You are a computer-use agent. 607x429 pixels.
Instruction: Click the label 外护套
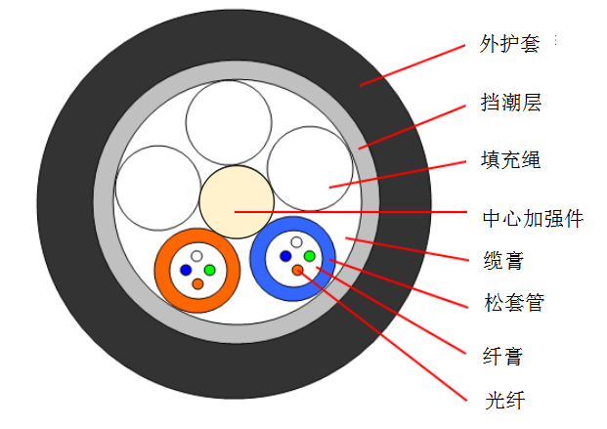(510, 45)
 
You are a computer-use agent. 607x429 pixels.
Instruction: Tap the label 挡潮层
(510, 102)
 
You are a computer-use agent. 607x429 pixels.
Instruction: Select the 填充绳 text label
(510, 158)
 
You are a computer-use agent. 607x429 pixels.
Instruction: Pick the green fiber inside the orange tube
(209, 270)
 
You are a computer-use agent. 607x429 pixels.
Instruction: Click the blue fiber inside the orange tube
(185, 270)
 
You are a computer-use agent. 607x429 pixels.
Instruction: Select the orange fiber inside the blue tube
(297, 270)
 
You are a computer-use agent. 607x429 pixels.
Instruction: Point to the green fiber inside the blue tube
(309, 256)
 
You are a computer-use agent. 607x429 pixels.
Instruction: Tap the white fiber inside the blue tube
(296, 242)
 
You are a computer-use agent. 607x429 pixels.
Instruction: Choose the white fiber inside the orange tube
(196, 256)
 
